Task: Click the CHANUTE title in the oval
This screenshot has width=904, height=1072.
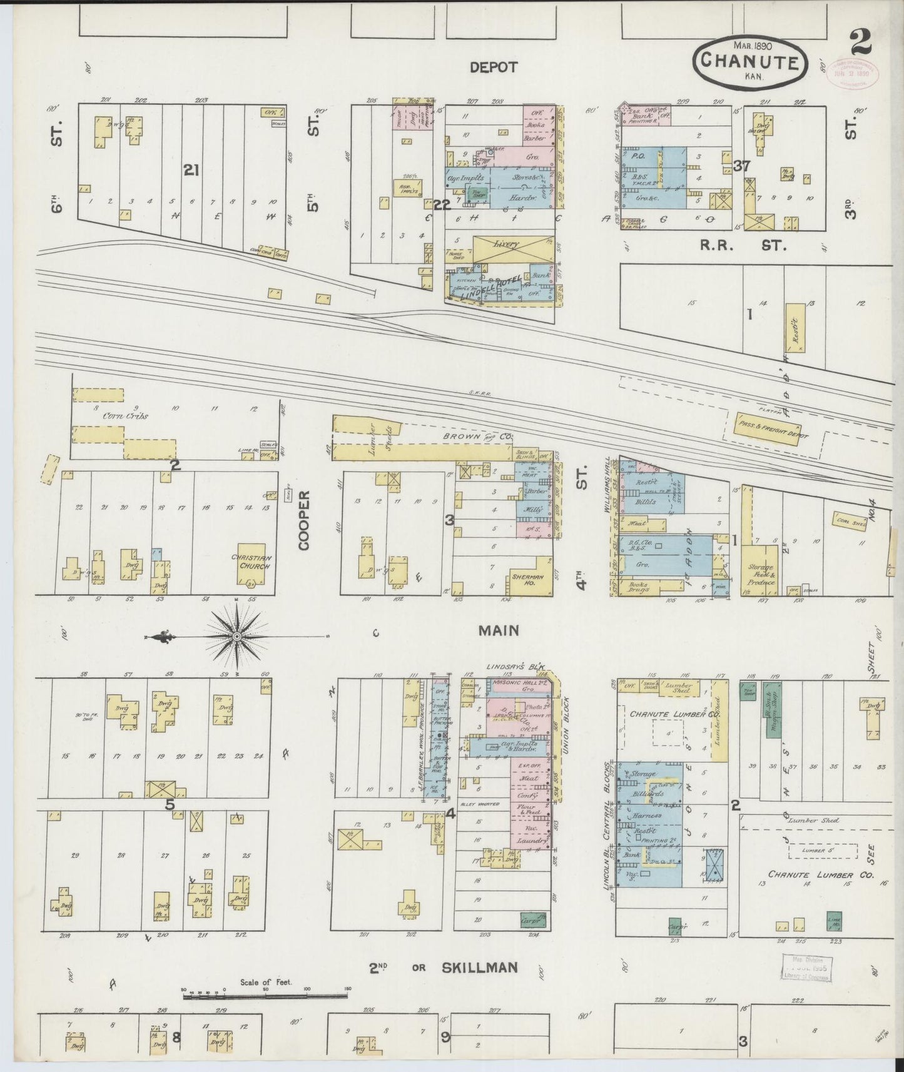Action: [x=749, y=61]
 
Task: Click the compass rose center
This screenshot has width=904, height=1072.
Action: [x=237, y=637]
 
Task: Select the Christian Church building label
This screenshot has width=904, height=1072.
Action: [x=250, y=562]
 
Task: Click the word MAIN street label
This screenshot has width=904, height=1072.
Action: [x=499, y=630]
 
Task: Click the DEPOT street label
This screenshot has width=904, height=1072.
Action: [x=494, y=68]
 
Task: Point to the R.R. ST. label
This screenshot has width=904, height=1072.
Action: [x=745, y=246]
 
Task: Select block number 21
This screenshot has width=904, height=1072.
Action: [x=190, y=169]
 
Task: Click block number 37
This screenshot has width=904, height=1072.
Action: [x=741, y=166]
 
